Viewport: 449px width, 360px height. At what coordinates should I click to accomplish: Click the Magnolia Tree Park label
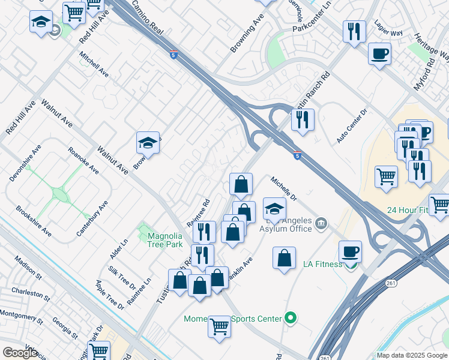coord(164,240)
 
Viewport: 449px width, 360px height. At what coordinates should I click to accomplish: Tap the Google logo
coord(20,353)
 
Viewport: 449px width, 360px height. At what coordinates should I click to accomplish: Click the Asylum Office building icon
coord(322,224)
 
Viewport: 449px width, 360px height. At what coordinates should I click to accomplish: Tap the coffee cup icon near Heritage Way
coord(379,54)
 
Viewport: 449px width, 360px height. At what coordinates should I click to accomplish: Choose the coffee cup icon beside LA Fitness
coord(350,251)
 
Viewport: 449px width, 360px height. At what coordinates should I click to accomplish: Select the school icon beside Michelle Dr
coord(274,208)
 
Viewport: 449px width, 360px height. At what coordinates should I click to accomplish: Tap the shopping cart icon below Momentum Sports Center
coord(219,326)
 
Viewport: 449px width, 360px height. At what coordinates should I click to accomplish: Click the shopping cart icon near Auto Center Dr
coord(386,176)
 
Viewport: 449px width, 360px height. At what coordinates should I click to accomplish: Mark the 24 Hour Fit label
coord(408,210)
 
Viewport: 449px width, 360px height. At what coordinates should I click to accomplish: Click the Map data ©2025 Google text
coord(412,355)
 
